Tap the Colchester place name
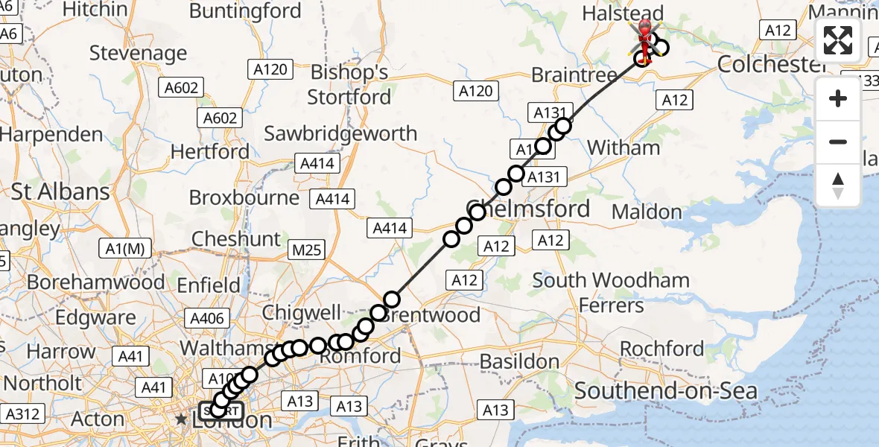(771, 64)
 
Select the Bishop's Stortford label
(349, 85)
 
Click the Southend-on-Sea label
(666, 391)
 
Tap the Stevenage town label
(138, 54)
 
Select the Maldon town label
(647, 212)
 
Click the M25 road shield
(308, 250)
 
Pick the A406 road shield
(207, 319)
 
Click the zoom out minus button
(838, 142)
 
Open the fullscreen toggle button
(838, 40)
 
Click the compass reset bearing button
(838, 185)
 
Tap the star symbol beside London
(181, 420)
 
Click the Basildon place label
(519, 362)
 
